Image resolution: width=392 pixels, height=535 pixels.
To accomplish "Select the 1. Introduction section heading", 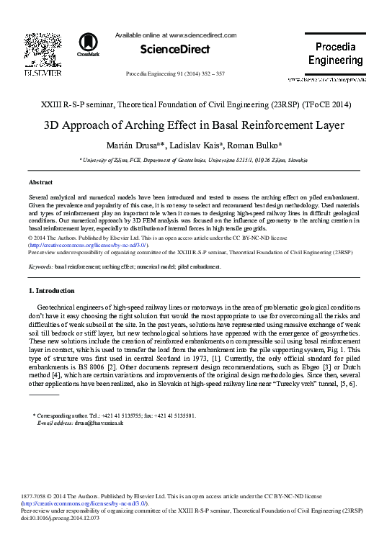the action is point(51,291).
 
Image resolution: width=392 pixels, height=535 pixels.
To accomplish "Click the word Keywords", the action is point(40,266).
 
